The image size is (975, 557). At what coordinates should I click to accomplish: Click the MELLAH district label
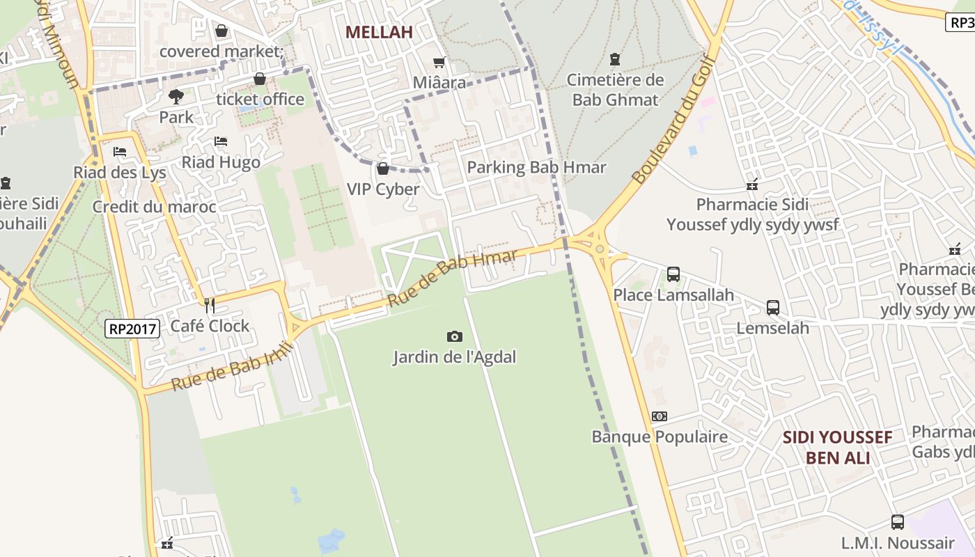click(379, 32)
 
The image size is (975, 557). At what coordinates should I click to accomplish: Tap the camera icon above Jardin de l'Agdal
click(454, 337)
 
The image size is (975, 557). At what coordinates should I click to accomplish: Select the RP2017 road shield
click(132, 329)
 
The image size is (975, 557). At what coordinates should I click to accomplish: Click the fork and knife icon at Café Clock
click(209, 305)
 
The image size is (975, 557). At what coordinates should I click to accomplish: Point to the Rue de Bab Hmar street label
click(453, 278)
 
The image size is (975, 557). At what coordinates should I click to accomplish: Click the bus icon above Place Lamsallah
click(673, 274)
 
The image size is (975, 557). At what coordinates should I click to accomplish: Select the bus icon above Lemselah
click(772, 307)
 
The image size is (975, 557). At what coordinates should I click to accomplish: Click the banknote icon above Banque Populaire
click(659, 416)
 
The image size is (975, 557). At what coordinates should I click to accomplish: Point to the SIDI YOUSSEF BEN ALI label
click(837, 448)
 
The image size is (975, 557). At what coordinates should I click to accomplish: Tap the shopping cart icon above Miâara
click(439, 63)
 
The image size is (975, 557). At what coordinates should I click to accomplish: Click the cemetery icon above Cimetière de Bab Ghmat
click(614, 59)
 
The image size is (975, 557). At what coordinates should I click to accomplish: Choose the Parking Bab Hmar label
click(536, 168)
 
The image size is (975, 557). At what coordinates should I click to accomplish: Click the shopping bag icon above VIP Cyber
click(382, 168)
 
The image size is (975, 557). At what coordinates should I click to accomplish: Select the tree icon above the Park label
click(176, 96)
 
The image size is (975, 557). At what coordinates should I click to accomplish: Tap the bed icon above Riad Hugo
click(221, 141)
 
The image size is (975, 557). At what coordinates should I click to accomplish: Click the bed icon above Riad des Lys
click(120, 152)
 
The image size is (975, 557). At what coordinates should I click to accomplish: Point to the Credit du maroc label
click(154, 207)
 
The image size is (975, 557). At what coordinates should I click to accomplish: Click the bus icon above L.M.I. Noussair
click(897, 522)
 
